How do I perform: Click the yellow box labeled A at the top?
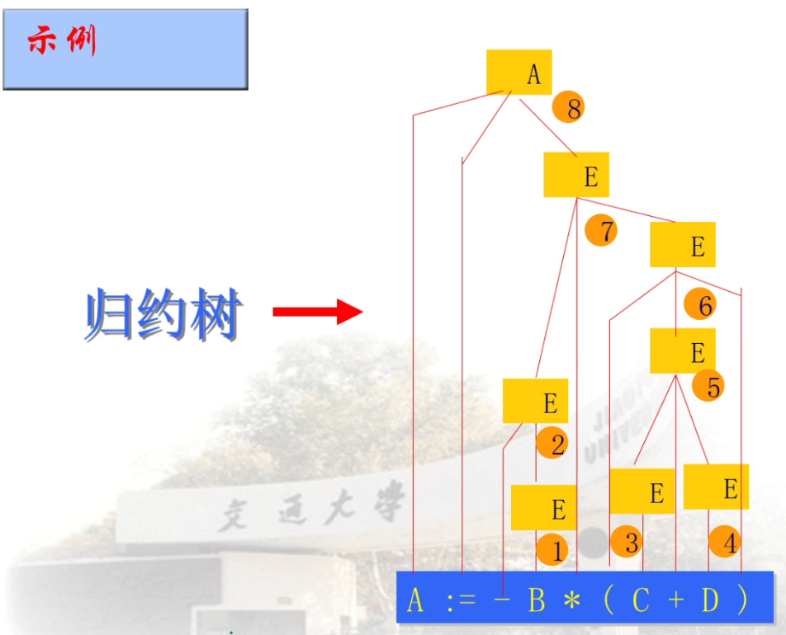[518, 73]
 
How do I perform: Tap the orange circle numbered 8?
[568, 107]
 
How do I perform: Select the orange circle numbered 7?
[601, 230]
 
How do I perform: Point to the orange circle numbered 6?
[700, 305]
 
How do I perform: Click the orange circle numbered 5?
[708, 385]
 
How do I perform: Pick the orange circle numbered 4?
[725, 542]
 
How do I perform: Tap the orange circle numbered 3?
[627, 542]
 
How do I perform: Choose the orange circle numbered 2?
[552, 444]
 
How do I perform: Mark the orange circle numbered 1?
[552, 549]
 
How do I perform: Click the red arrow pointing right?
[318, 312]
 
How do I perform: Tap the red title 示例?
[63, 40]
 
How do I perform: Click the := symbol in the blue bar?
[461, 600]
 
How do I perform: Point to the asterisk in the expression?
[571, 600]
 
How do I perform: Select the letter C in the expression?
[641, 600]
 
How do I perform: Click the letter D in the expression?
[710, 600]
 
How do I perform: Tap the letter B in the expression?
[537, 600]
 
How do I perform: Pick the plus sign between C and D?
[675, 600]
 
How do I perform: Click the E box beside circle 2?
[536, 401]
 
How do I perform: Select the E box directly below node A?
[576, 175]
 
